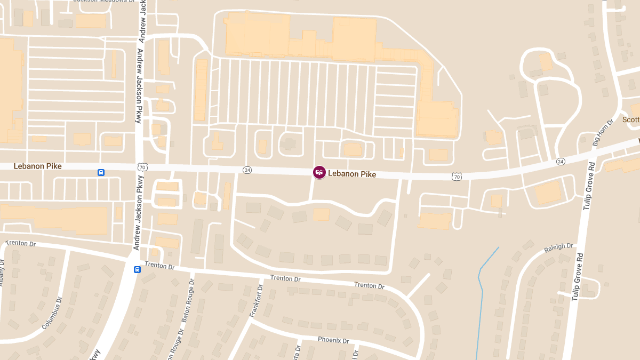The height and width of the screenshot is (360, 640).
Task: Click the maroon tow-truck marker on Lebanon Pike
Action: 319,172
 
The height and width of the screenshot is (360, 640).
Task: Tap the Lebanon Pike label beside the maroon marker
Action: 352,174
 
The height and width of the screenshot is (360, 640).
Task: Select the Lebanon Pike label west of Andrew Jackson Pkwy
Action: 37,166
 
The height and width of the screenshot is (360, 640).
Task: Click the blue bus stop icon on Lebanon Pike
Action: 101,172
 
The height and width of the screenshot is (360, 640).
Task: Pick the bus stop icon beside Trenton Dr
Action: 137,269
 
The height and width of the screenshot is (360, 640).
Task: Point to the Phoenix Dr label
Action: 333,340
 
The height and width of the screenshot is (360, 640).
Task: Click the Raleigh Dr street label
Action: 558,249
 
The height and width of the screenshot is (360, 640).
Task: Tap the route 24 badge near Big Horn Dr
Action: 560,161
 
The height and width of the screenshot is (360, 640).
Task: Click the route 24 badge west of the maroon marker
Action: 247,170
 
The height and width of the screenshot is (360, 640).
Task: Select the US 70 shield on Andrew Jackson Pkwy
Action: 142,167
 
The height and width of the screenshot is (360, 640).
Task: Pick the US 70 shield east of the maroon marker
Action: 457,176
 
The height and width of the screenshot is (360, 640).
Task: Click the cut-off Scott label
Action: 631,120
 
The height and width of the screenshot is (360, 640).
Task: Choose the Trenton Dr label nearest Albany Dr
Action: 20,243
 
